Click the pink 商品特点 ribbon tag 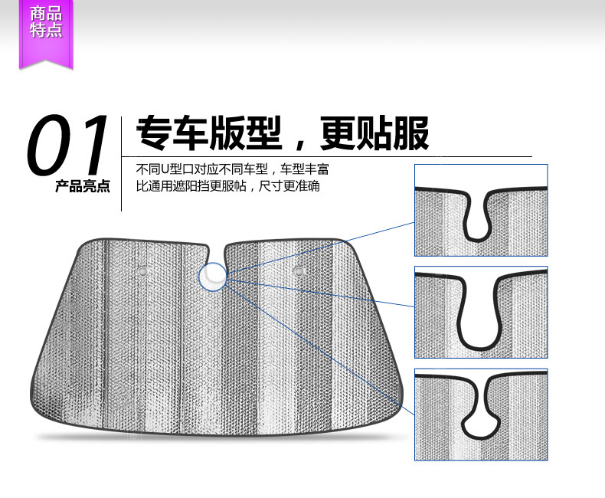pos(46,24)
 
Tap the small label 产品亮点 pos(83,186)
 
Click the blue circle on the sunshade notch pos(213,277)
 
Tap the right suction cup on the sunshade pos(300,270)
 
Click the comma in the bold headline pos(299,144)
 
